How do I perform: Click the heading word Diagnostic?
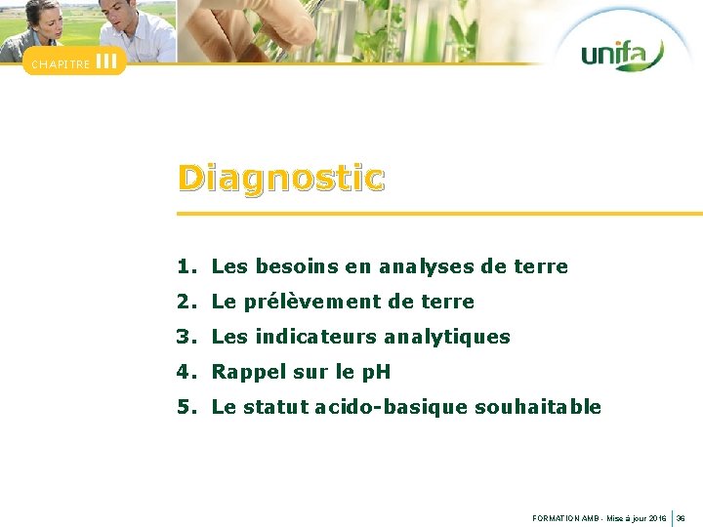281,179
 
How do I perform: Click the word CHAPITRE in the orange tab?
61,64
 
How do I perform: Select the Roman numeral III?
106,61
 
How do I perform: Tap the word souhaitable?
538,407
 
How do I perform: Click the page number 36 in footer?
682,518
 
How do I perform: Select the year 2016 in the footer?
657,518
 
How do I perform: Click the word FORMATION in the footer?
556,518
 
